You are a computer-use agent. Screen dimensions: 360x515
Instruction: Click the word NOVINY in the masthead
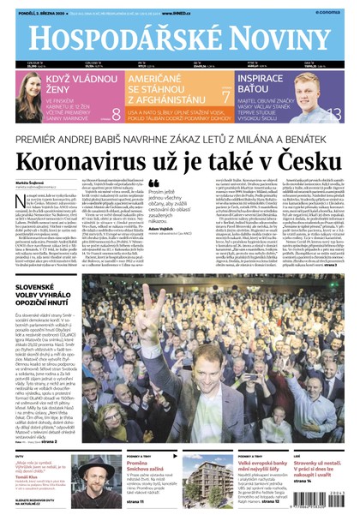click(273, 41)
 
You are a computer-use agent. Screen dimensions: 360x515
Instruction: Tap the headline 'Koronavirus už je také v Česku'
click(180, 160)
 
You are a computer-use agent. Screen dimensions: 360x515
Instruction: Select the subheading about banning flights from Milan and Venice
click(180, 137)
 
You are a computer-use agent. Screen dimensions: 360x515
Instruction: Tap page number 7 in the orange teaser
click(226, 97)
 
